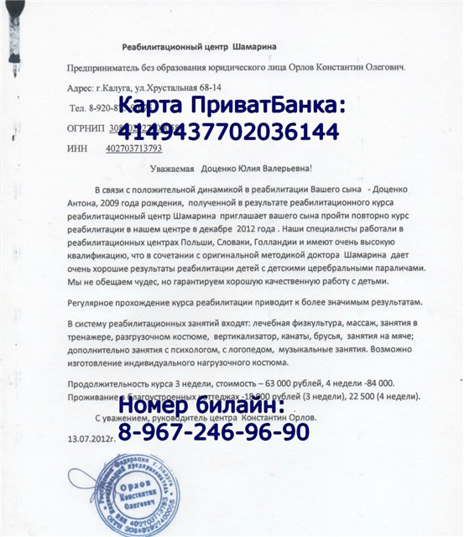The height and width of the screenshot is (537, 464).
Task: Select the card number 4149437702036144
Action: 229,132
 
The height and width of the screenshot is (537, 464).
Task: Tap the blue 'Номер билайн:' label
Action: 201,407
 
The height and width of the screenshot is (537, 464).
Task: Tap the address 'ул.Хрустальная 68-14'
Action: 168,86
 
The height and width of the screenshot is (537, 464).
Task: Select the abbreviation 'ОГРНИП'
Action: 85,128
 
